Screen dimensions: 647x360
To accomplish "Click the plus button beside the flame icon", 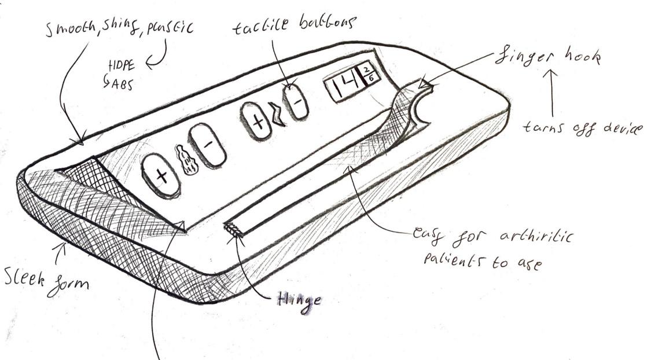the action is click(x=161, y=177).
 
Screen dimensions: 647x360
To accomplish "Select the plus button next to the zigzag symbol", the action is click(x=259, y=120).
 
